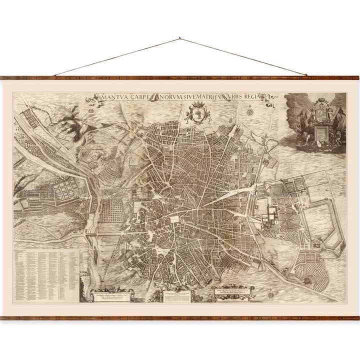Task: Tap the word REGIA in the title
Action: pyautogui.click(x=263, y=96)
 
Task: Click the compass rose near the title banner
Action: pyautogui.click(x=248, y=111)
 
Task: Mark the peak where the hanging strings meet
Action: pyautogui.click(x=180, y=38)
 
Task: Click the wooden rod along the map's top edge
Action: pyautogui.click(x=180, y=78)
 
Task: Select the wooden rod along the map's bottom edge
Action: pyautogui.click(x=180, y=317)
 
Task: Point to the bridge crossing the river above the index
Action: pyautogui.click(x=100, y=233)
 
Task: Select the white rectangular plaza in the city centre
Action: pyautogui.click(x=176, y=218)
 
